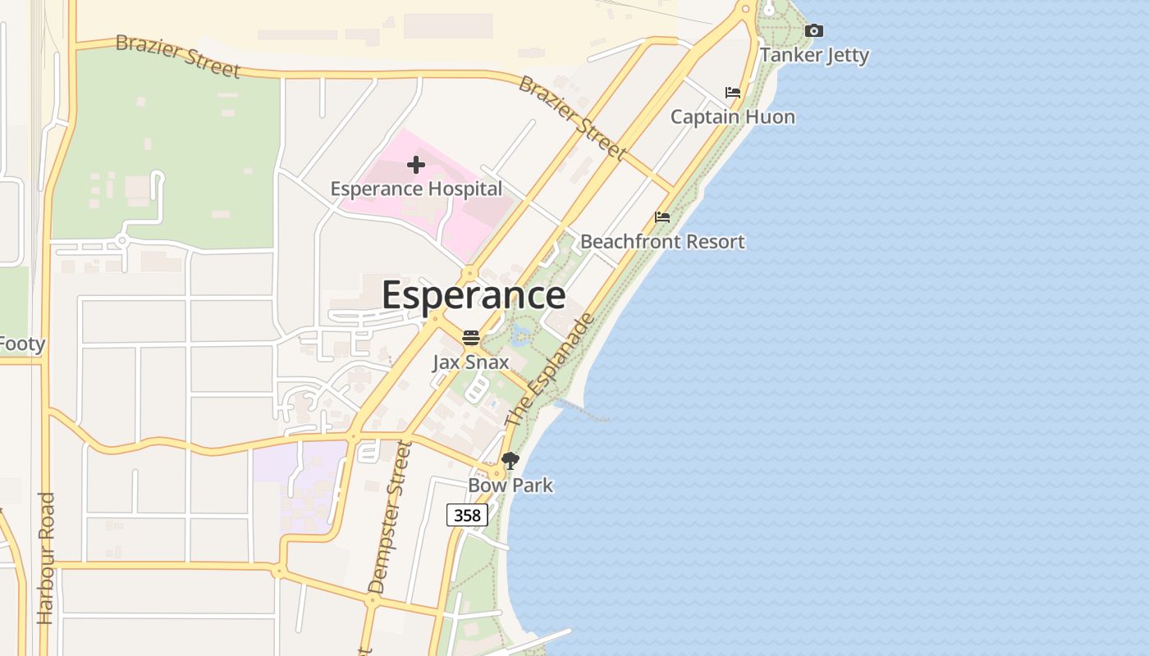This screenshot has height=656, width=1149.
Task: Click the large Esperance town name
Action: (474, 295)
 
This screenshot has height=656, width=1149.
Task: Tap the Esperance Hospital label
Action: (416, 189)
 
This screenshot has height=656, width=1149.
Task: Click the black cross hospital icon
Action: (416, 165)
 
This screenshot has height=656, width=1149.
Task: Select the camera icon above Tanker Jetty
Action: (814, 31)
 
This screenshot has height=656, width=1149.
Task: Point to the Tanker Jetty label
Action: (814, 55)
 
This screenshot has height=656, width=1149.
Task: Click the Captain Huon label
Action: (733, 116)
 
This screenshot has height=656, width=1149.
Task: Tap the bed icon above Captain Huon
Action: (733, 93)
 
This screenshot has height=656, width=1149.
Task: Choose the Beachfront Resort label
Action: (662, 241)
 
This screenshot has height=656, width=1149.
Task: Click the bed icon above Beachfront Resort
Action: (662, 217)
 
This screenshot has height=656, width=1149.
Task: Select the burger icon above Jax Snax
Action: (471, 338)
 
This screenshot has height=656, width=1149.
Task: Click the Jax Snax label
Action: (471, 362)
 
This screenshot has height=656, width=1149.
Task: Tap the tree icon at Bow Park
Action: (510, 461)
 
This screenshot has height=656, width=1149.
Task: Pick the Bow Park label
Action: (510, 485)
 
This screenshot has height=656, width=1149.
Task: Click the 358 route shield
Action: (468, 515)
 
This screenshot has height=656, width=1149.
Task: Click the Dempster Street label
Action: (389, 517)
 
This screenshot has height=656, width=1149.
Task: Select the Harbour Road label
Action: (45, 558)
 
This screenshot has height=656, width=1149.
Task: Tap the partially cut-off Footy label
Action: (21, 344)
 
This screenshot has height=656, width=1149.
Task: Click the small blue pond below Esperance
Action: (520, 334)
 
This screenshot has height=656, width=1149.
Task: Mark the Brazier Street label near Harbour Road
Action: (177, 56)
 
